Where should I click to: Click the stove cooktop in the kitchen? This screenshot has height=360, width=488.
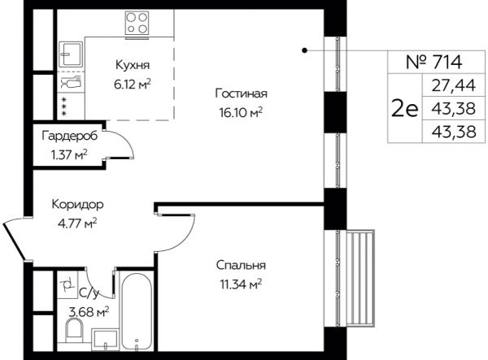137,24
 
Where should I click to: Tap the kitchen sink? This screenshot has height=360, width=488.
72,54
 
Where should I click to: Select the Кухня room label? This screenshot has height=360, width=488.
133,65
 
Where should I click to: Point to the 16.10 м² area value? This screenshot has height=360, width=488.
241,112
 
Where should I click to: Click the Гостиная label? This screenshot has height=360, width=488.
242,93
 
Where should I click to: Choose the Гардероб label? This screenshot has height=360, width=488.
70,136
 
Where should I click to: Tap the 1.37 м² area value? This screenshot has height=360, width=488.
69,154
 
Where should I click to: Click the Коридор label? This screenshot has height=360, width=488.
78,205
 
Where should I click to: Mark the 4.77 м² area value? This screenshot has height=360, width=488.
77,223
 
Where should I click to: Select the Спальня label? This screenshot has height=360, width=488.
242,265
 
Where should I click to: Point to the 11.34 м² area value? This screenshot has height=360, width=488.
241,284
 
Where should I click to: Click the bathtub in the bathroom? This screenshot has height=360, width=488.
137,312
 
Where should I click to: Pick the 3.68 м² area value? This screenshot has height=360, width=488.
89,311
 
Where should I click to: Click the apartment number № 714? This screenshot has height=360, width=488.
434,62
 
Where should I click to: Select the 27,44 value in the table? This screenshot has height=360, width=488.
454,85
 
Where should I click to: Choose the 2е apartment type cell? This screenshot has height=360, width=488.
404,109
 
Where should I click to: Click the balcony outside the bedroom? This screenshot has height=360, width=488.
360,278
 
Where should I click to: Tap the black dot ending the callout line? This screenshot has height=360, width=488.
305,50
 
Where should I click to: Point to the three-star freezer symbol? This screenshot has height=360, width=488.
64,106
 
